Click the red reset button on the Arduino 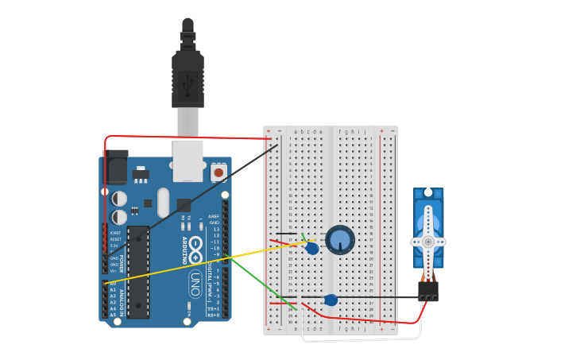[x=218, y=171]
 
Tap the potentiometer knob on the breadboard [x=340, y=240]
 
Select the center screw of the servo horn [x=428, y=242]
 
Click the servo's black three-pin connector [x=428, y=291]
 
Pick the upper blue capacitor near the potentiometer [x=312, y=249]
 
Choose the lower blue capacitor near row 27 [x=331, y=300]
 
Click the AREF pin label [x=214, y=216]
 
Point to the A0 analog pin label [x=113, y=283]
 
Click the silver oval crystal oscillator [x=163, y=203]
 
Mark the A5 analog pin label [x=113, y=315]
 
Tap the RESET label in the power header [x=115, y=238]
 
